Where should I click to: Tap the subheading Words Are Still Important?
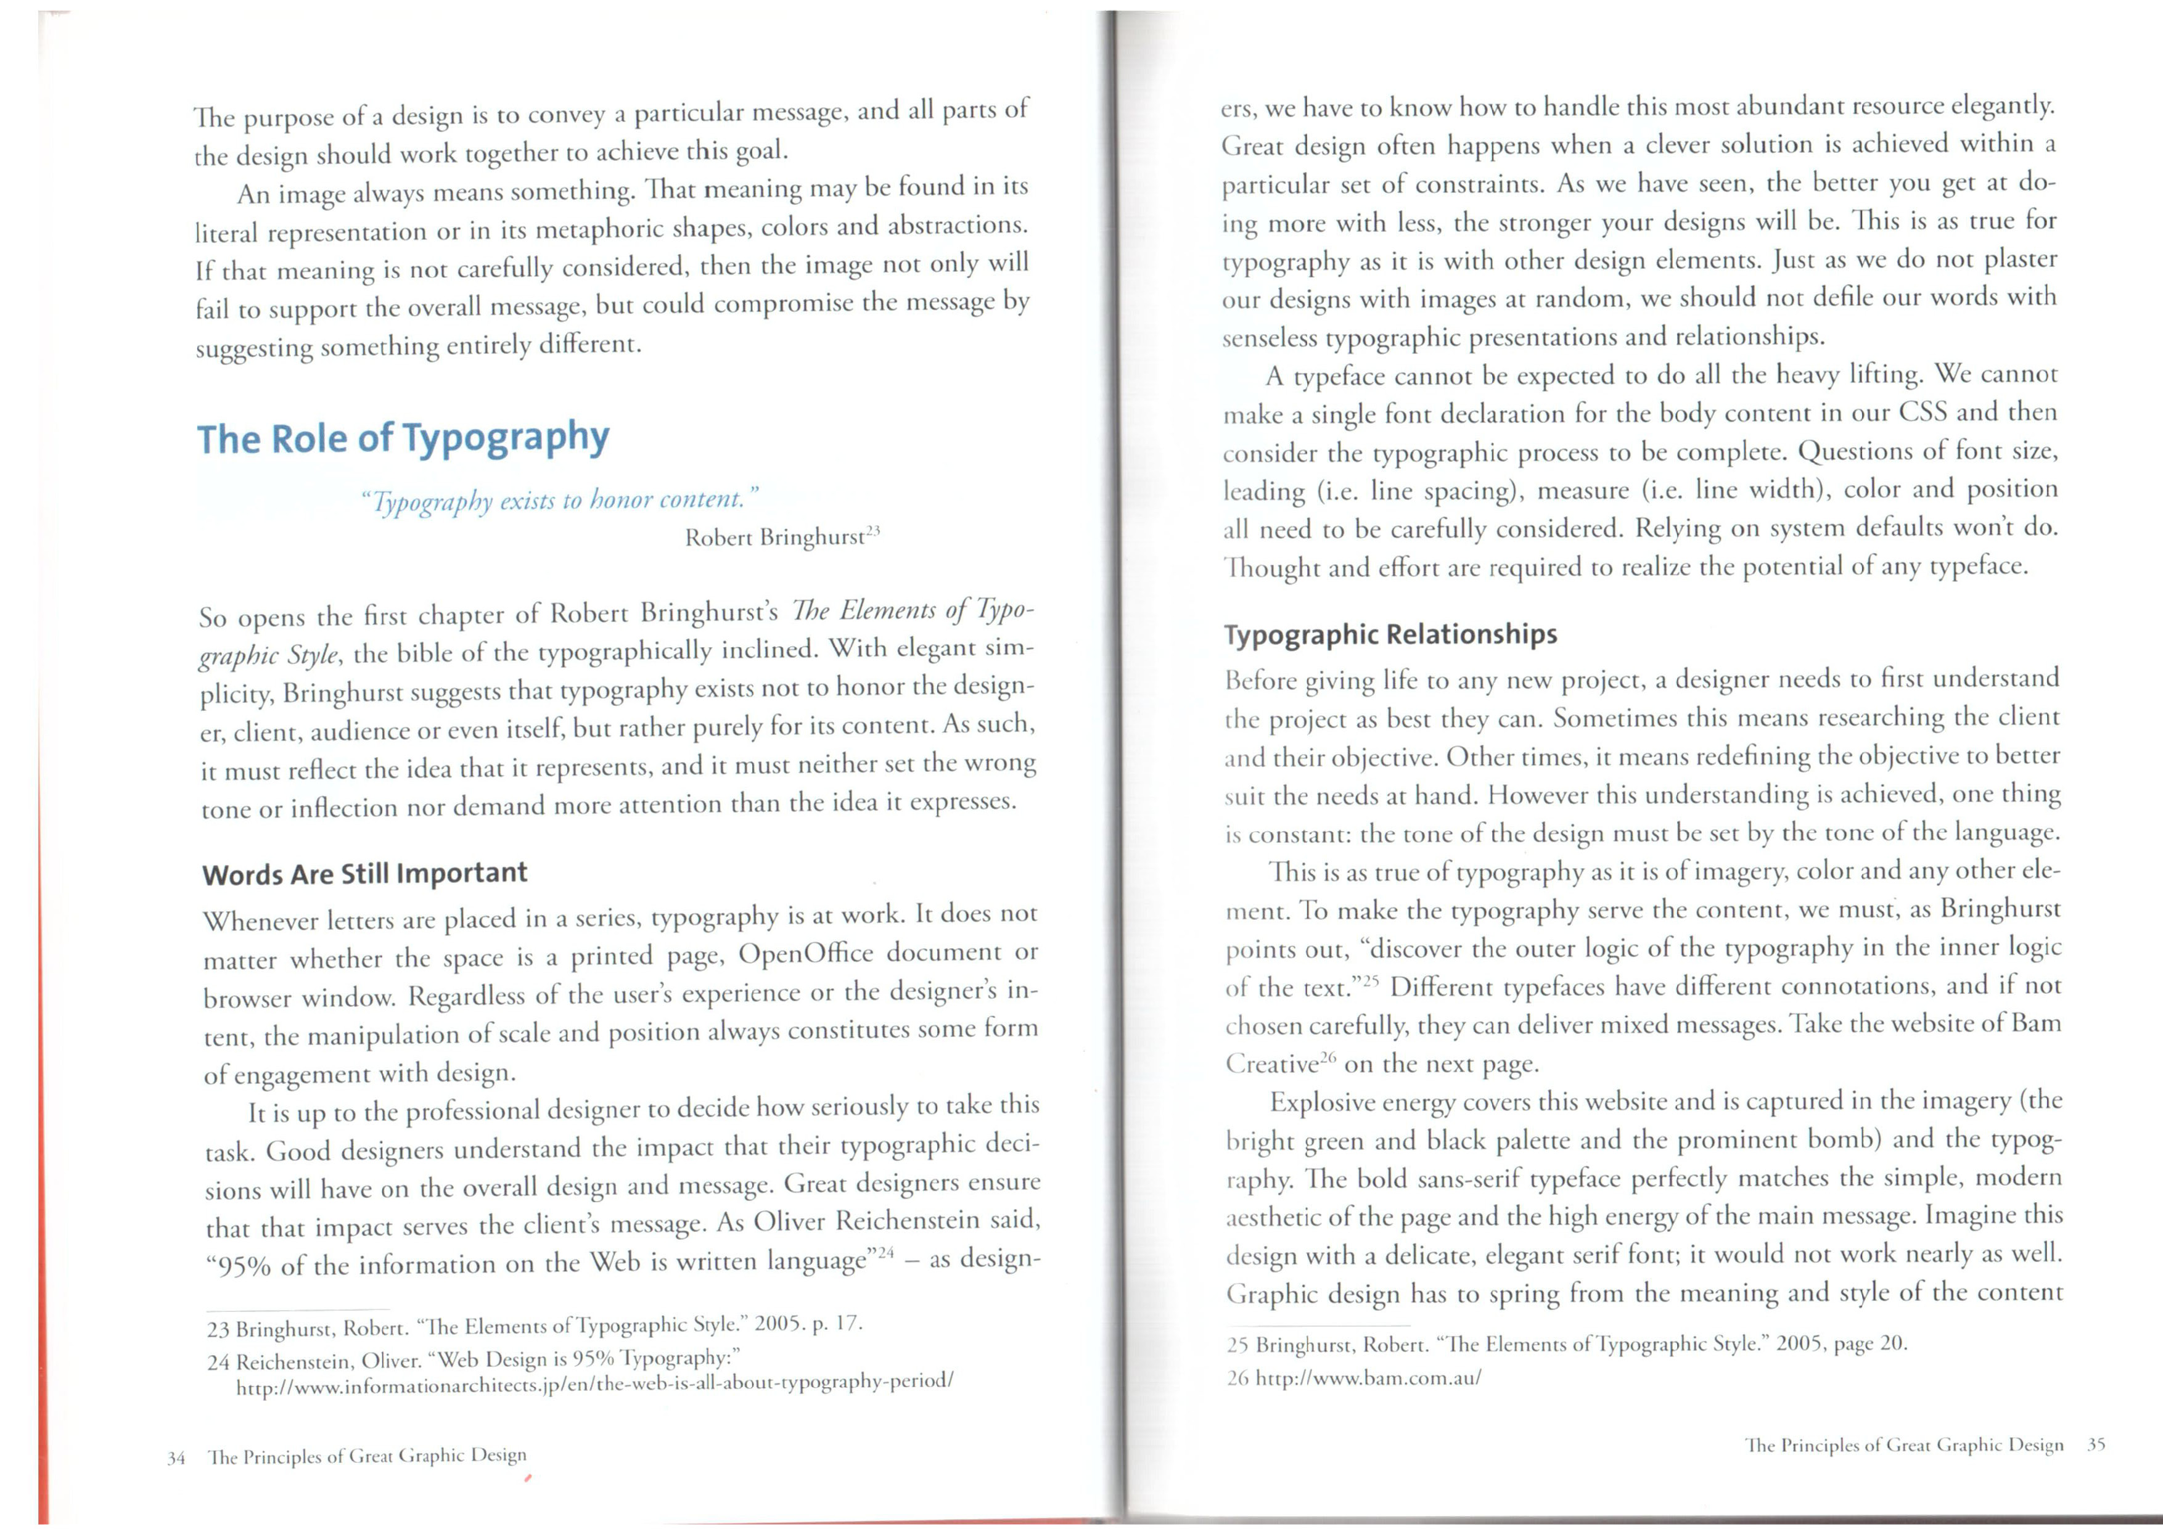coord(364,873)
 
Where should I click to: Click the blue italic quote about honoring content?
coord(560,499)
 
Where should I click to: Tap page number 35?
coord(2096,1444)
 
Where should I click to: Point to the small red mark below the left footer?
coord(528,1479)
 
